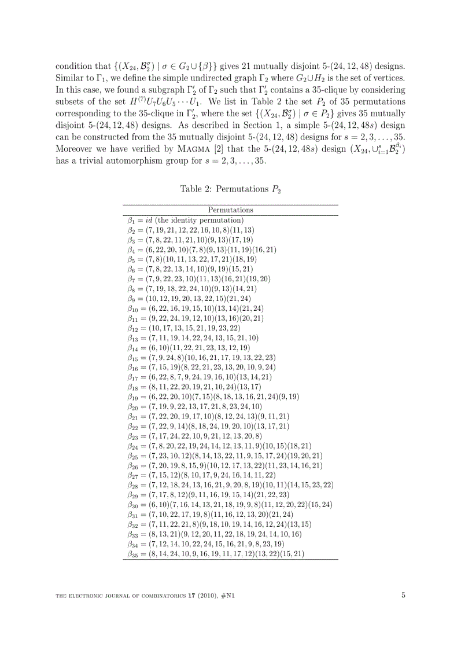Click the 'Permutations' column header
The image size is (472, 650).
230,210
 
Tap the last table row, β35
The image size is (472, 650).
216,554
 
